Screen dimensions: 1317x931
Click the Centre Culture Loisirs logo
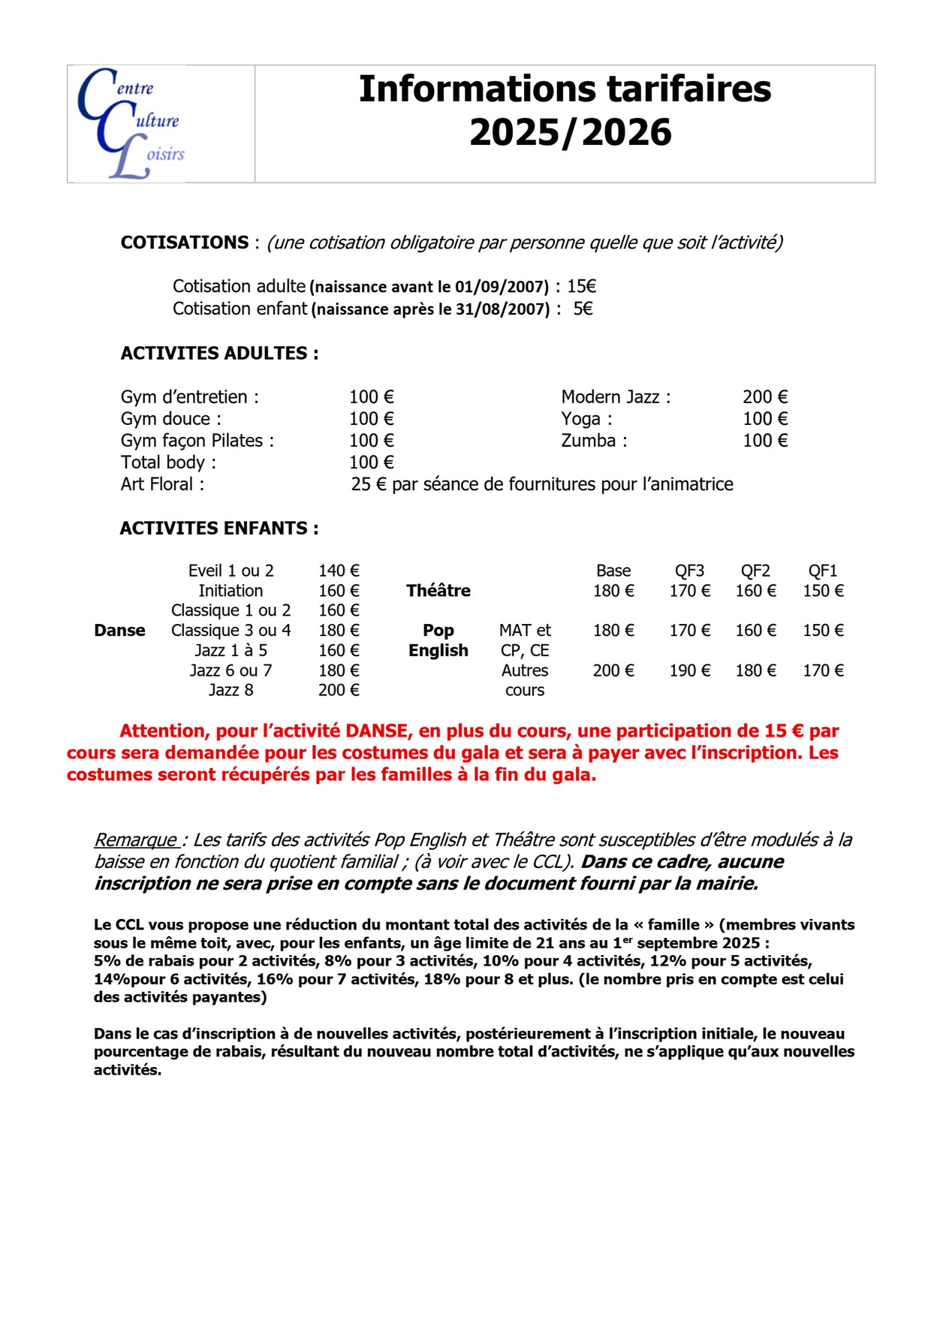pyautogui.click(x=131, y=124)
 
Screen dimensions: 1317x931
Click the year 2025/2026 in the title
pyautogui.click(x=571, y=133)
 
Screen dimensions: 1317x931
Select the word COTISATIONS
pyautogui.click(x=185, y=243)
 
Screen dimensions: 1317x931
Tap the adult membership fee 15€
pyautogui.click(x=582, y=286)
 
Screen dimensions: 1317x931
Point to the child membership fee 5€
pyautogui.click(x=583, y=309)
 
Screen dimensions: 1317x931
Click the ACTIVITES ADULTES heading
pyautogui.click(x=219, y=353)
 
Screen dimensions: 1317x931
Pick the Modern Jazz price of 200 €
pyautogui.click(x=765, y=397)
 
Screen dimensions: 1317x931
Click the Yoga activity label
pyautogui.click(x=586, y=419)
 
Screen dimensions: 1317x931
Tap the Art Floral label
pyautogui.click(x=162, y=484)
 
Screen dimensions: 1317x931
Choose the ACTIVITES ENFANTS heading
pyautogui.click(x=219, y=529)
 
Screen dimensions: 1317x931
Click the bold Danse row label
pyautogui.click(x=119, y=631)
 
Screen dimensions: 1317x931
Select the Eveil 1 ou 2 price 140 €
pyautogui.click(x=339, y=571)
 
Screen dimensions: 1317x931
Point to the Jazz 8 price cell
pyautogui.click(x=339, y=690)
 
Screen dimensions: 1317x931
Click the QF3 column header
pyautogui.click(x=689, y=571)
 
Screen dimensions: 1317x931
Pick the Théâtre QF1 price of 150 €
pyautogui.click(x=823, y=591)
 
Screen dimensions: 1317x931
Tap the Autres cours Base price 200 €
pyautogui.click(x=613, y=671)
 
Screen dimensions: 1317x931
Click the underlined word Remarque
pyautogui.click(x=135, y=839)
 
